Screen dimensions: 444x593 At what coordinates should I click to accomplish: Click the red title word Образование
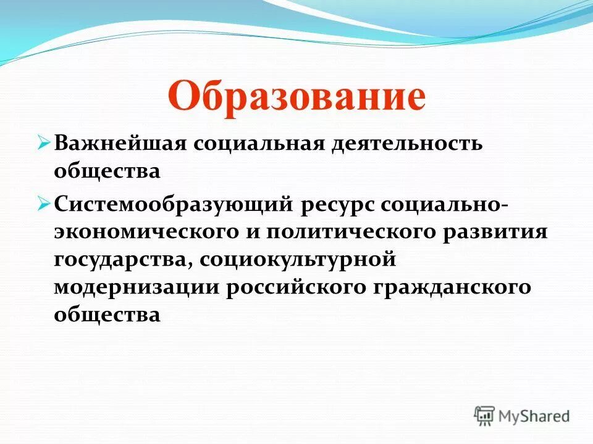[x=296, y=97]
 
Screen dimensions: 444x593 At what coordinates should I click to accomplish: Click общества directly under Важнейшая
[x=107, y=172]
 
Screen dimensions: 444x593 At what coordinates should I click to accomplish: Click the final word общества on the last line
[x=107, y=316]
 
